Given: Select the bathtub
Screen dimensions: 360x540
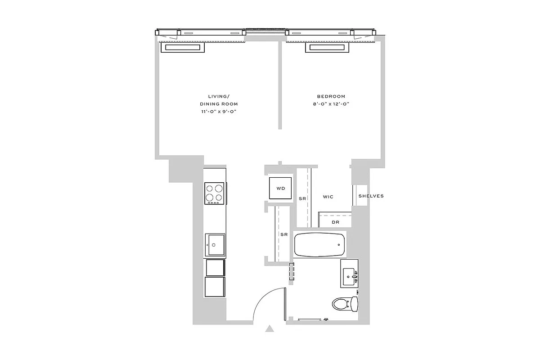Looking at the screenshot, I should [319, 244].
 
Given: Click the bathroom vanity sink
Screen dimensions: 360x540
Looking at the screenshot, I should [349, 274].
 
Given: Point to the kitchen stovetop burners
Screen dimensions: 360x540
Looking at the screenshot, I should [215, 193].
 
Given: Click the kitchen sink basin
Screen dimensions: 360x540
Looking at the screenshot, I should [215, 245].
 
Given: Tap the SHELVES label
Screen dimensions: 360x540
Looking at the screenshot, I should [371, 196].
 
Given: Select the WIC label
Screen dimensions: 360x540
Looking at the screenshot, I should [328, 197].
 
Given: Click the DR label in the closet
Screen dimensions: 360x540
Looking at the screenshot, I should [335, 222].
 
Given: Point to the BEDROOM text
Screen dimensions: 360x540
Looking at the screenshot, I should [331, 96].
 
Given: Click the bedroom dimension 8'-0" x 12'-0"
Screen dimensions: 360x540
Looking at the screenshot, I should [331, 104].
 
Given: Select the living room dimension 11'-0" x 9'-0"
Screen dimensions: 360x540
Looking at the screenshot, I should [220, 112].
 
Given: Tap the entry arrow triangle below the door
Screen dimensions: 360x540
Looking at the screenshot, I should [270, 328].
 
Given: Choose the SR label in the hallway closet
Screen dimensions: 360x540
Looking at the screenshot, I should [284, 234].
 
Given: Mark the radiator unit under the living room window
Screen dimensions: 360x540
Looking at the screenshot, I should [183, 48].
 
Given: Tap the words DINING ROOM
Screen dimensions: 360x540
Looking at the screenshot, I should [220, 104].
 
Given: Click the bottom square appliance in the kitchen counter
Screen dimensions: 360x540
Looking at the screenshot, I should [215, 287].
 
